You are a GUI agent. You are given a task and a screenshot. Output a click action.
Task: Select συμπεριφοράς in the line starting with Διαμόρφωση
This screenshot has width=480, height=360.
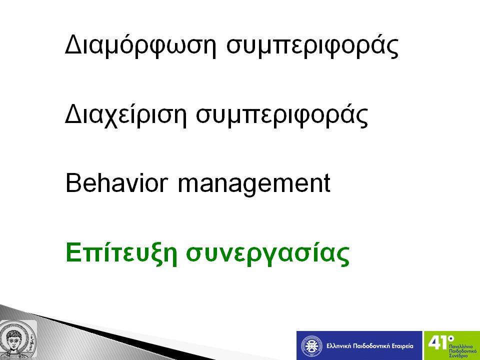coord(312,46)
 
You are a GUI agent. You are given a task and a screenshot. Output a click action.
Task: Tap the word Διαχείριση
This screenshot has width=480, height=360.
coord(126,114)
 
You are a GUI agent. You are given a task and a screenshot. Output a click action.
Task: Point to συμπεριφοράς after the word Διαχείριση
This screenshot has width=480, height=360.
coord(282,115)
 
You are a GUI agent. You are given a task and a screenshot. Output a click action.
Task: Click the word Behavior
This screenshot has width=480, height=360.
coord(117,183)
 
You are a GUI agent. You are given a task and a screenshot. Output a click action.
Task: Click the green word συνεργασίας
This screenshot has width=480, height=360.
coord(268,254)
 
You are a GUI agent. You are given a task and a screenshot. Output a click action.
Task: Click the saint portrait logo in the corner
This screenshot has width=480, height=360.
coord(18,339)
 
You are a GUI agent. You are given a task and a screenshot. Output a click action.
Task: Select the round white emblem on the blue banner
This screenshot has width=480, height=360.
coord(311,346)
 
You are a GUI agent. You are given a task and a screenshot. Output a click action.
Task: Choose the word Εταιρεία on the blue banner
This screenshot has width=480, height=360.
coord(402,346)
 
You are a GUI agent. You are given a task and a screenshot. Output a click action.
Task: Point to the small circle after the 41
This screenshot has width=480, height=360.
coord(450,339)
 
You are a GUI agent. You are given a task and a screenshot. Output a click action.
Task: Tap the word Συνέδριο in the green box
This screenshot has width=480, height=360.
coord(458,355)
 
